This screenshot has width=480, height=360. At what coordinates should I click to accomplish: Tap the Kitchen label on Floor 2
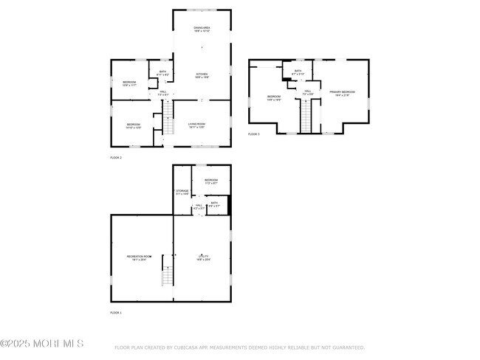202,75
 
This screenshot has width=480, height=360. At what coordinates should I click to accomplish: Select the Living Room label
196,125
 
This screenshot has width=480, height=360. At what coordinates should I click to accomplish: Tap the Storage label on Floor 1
182,193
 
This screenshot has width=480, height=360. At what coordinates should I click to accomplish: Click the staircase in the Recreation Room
167,277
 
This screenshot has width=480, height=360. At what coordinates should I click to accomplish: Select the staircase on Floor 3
306,115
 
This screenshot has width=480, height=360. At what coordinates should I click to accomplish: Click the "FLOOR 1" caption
116,313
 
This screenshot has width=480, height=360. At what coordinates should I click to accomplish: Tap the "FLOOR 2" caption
116,158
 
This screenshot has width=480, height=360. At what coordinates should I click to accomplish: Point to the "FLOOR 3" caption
254,134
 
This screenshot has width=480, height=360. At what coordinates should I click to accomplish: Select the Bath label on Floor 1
214,204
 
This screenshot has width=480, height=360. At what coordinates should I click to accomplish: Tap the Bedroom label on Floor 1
211,181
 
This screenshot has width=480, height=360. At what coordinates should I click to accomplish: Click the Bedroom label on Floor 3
274,97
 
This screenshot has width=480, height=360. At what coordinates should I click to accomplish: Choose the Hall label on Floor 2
163,93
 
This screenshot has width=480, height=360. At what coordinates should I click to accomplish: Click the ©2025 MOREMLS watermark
42,344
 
